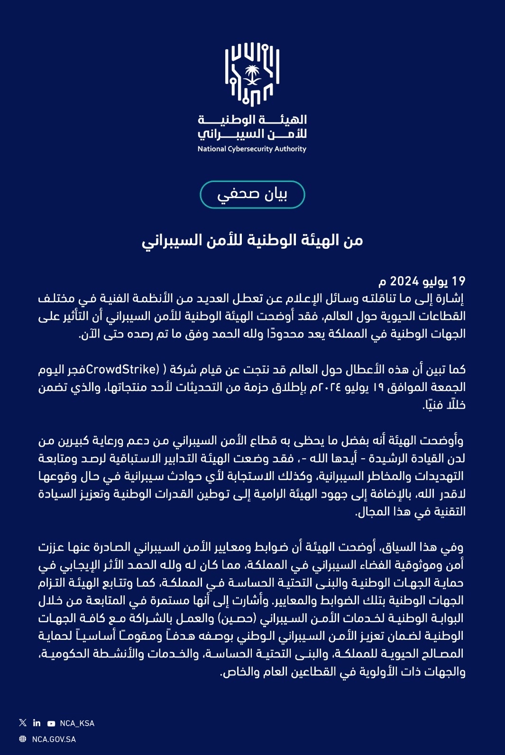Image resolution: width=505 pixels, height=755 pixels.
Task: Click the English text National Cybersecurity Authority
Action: (252, 149)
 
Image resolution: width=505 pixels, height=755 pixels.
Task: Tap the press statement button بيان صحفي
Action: (252, 194)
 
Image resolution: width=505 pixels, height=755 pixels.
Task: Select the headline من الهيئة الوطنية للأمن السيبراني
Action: (252, 240)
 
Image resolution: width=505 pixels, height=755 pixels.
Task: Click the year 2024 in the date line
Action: (404, 282)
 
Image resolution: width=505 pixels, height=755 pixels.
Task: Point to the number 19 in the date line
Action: (459, 282)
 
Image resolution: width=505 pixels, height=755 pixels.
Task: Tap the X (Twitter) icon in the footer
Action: (23, 723)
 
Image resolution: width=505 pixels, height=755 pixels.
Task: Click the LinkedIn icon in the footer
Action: (37, 723)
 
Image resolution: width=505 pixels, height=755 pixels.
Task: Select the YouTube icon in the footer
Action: (51, 723)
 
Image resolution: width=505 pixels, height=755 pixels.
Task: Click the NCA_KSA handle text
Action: (77, 723)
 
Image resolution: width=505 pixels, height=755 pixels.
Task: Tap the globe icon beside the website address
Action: (23, 739)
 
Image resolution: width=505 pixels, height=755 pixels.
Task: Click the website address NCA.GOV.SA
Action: (54, 739)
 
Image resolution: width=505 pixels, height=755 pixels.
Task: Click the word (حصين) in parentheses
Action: (237, 619)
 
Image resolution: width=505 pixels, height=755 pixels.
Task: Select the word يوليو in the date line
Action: (435, 282)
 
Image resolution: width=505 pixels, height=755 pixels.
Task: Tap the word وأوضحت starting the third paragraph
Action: (443, 441)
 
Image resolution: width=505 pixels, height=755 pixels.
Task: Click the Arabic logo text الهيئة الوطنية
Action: (252, 119)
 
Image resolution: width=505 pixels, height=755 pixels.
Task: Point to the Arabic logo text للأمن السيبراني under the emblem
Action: (252, 134)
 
